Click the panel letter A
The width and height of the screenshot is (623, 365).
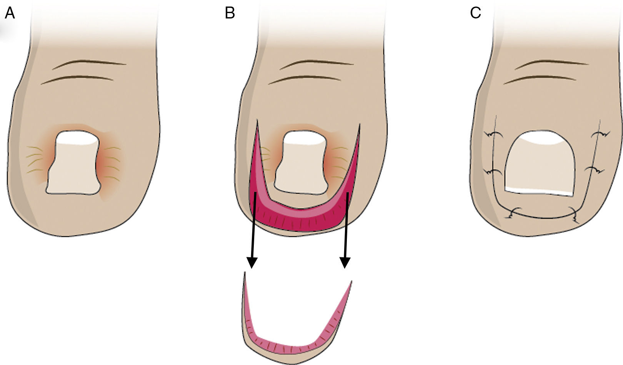click(x=9, y=13)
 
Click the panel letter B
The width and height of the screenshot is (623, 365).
click(x=230, y=13)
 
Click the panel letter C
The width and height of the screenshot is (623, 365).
click(x=475, y=13)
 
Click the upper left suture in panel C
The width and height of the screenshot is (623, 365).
click(x=494, y=135)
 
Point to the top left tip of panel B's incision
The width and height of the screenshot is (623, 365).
click(x=257, y=122)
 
